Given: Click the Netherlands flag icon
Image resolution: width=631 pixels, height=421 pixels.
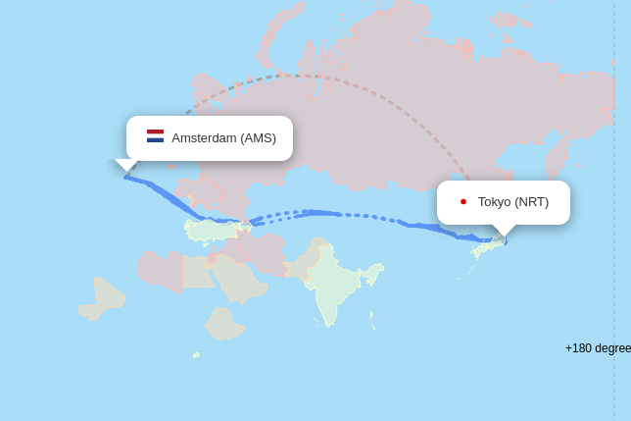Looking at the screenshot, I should [155, 136].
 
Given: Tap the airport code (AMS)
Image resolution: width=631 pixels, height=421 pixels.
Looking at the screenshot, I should [259, 138].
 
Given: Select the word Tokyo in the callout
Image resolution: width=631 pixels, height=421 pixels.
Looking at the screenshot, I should [495, 202].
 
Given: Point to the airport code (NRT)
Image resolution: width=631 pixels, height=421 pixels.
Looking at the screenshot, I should [532, 202].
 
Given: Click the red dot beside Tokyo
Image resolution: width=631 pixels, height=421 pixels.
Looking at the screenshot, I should [463, 202].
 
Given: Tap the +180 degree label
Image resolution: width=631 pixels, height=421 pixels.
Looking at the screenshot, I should [598, 348].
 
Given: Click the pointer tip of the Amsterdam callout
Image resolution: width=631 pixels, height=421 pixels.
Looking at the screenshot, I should [125, 174].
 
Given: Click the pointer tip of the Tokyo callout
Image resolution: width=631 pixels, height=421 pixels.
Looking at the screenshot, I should [505, 237].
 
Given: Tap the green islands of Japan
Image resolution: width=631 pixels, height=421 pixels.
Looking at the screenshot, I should [483, 250].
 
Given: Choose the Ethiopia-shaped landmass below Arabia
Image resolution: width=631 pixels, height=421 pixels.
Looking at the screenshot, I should [225, 323].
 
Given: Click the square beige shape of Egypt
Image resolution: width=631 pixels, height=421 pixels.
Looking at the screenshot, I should [198, 272].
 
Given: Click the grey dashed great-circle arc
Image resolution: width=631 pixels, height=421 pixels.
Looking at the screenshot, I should [314, 76].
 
